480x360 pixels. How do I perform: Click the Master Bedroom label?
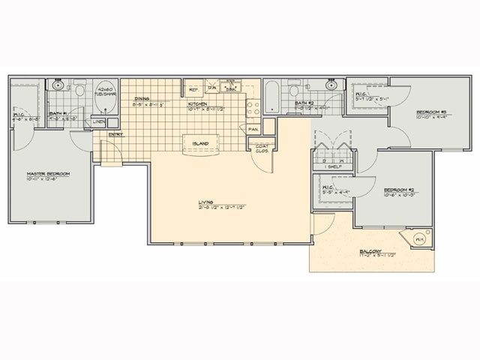tap(47, 174)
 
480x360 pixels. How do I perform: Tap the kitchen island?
tap(200, 142)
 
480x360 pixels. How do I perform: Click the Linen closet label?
tap(98, 121)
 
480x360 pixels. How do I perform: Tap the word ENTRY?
tap(116, 135)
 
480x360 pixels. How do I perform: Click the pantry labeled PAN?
tap(253, 129)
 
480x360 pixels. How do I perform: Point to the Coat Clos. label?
tap(262, 147)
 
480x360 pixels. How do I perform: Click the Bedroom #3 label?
tap(433, 112)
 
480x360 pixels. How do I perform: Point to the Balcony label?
tap(370, 251)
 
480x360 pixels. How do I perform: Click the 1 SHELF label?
tap(330, 166)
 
